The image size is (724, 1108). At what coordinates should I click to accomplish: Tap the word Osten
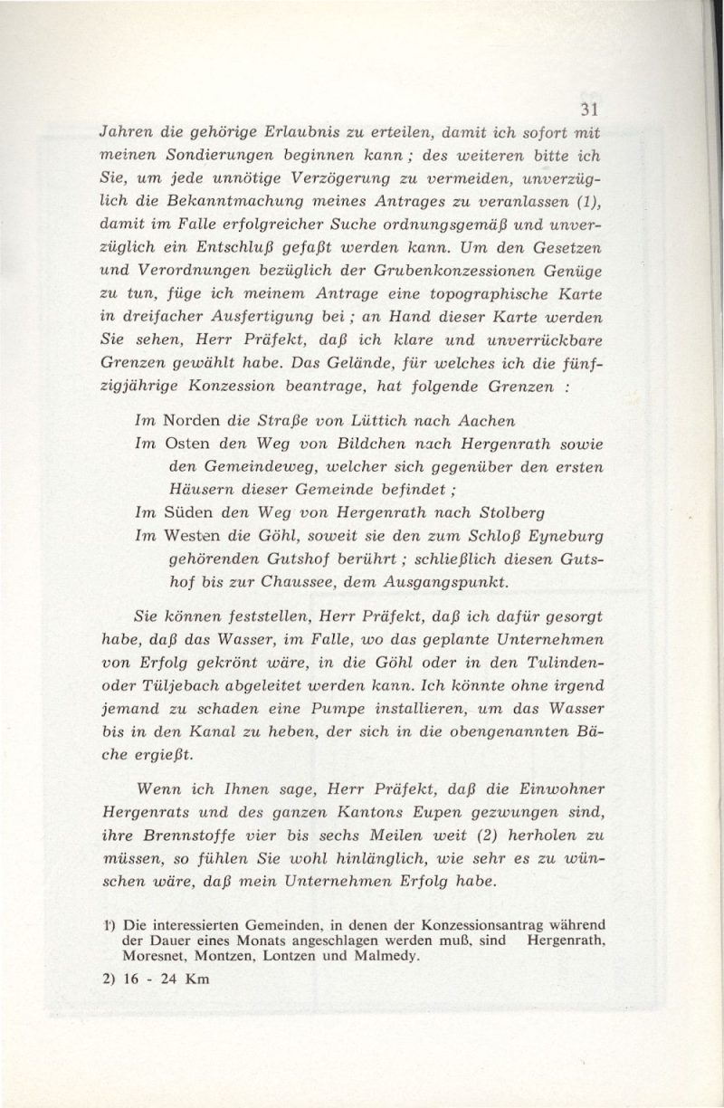(190, 444)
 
